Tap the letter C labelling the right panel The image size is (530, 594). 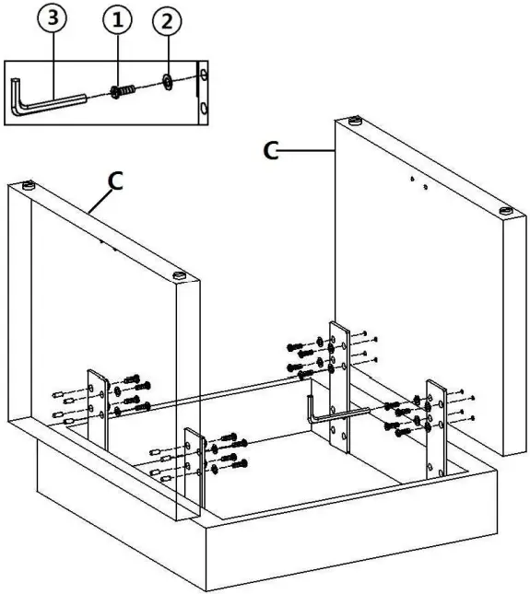tap(270, 148)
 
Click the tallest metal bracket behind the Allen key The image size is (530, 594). tap(339, 387)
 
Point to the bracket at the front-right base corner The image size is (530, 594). tap(434, 428)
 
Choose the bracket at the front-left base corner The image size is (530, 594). tap(194, 470)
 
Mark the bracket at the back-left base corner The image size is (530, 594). tap(98, 406)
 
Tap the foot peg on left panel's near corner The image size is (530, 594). tap(180, 275)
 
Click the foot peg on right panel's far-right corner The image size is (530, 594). tap(507, 211)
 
